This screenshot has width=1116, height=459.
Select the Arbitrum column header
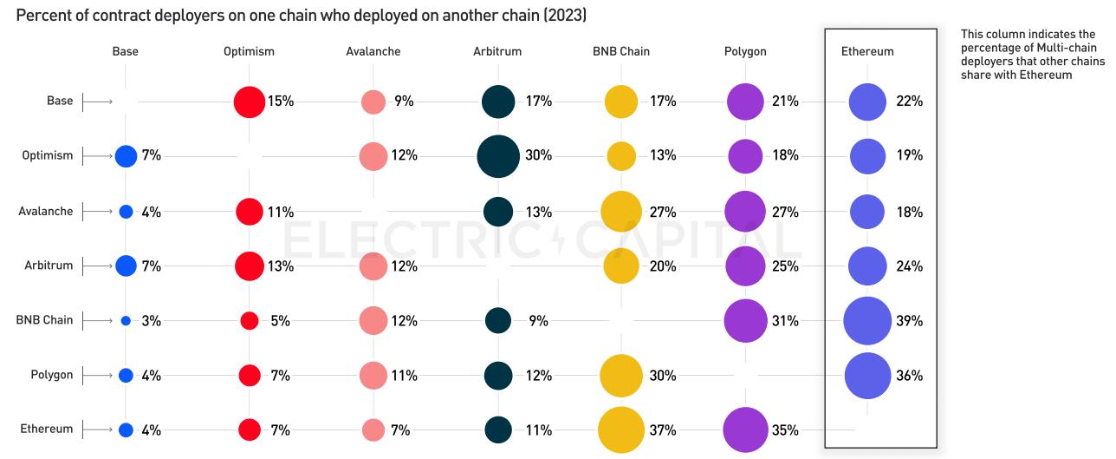(x=497, y=51)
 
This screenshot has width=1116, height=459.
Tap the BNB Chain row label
(x=44, y=319)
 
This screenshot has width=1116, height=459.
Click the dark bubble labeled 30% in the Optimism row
(x=498, y=156)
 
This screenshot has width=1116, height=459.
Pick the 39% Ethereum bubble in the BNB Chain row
(x=867, y=321)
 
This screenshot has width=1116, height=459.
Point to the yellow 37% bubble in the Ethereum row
(x=621, y=430)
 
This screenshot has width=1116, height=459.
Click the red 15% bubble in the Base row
(x=249, y=102)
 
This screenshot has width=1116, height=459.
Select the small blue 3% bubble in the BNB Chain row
(x=126, y=321)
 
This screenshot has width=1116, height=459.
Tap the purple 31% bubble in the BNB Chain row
(x=745, y=321)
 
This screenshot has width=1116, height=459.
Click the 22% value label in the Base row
(x=910, y=102)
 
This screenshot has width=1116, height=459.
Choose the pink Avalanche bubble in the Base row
(x=373, y=102)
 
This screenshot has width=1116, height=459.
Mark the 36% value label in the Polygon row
(x=910, y=376)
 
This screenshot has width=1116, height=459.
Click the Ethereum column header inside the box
(x=867, y=51)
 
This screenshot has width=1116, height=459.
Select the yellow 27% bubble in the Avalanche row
(x=621, y=212)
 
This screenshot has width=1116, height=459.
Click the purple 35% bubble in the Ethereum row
(x=745, y=430)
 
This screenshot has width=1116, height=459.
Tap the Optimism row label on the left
(x=48, y=155)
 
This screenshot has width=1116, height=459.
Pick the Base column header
(x=126, y=51)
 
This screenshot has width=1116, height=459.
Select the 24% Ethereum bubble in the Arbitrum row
(x=867, y=266)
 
